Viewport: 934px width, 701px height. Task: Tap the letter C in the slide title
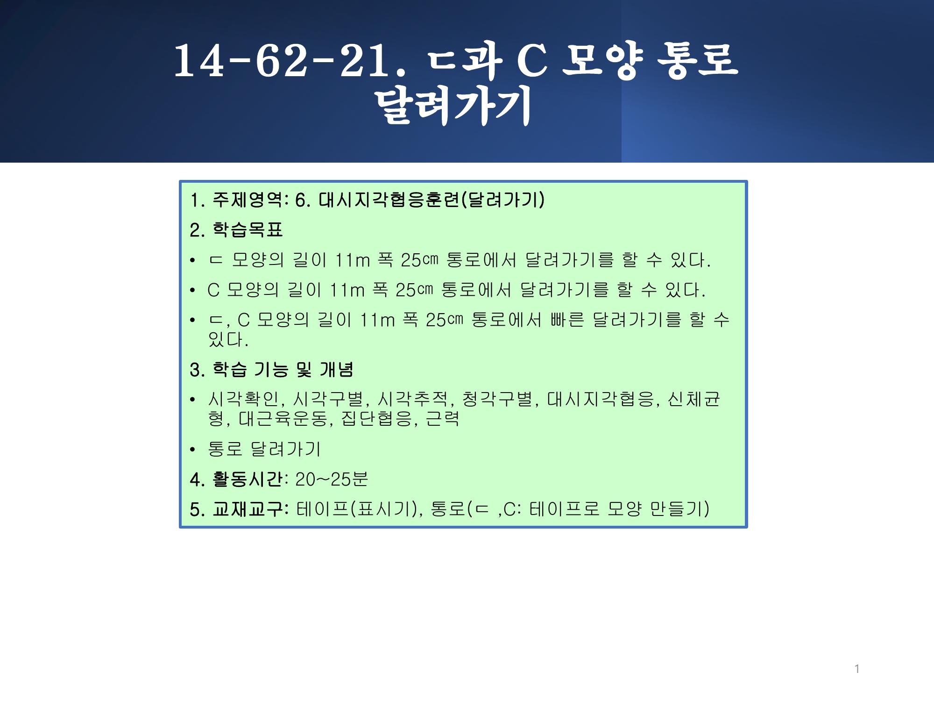coord(532,61)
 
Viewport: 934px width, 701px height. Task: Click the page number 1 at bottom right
coord(857,669)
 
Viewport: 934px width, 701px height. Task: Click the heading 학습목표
coord(248,229)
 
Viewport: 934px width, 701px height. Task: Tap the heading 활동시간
coord(247,479)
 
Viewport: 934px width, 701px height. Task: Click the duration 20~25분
coord(332,479)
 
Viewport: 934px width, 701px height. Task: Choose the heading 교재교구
coord(247,509)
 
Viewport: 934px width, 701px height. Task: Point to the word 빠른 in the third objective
coord(567,320)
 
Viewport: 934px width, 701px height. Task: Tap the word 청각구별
coord(497,399)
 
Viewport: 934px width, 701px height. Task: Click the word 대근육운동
coord(283,418)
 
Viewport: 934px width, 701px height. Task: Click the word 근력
coord(443,418)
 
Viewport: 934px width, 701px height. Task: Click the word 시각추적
coord(412,399)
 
